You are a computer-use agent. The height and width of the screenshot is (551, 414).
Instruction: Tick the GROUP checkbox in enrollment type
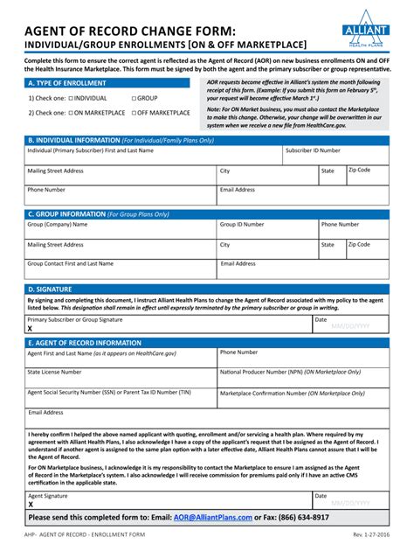coord(134,99)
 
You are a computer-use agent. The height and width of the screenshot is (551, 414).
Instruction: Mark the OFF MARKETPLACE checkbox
coord(134,113)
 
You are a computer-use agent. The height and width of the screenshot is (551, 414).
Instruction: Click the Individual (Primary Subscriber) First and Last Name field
coord(153,156)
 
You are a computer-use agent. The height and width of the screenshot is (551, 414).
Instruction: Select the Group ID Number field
coord(266,230)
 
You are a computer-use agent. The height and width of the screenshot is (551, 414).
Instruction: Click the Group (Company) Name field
coord(120,230)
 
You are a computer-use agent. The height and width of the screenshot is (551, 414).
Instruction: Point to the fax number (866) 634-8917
coord(299,518)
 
